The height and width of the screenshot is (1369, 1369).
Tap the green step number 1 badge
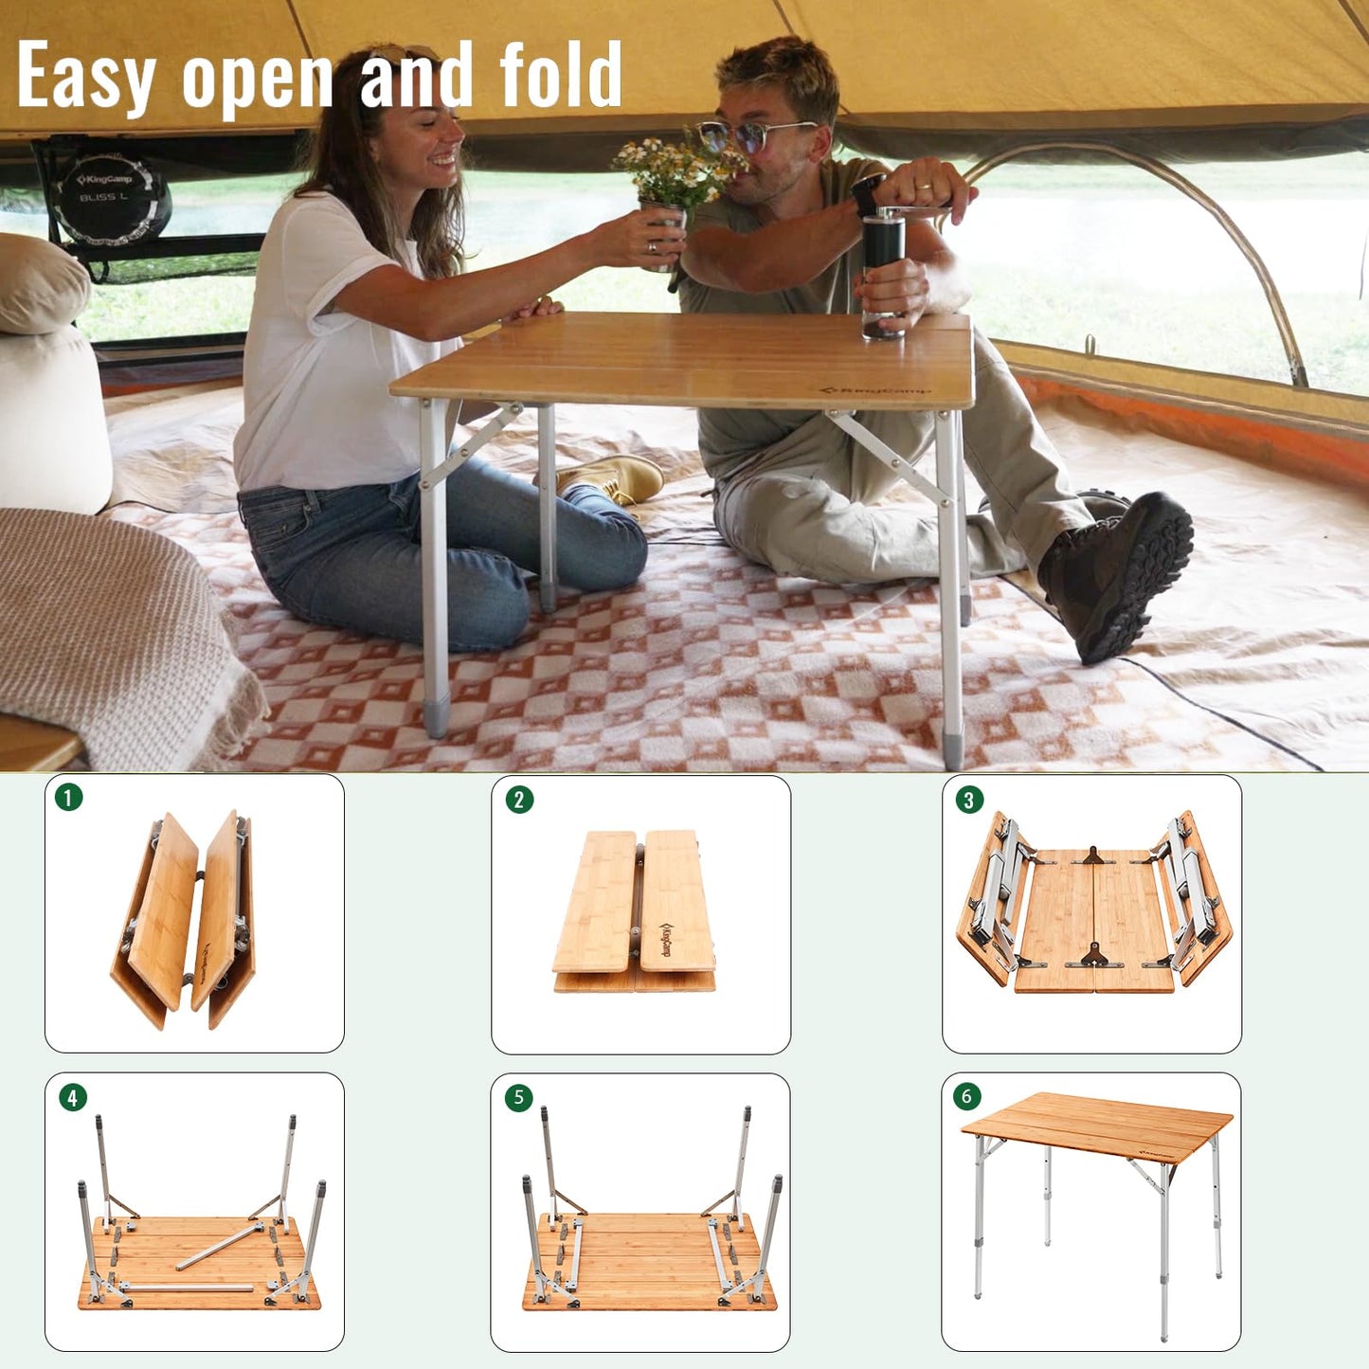pos(68,797)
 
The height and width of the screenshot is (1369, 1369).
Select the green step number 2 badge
pos(518,800)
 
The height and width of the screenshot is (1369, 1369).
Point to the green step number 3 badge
pos(968,800)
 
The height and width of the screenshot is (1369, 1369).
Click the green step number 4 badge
pos(72,1098)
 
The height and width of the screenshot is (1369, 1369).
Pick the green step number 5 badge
pos(517,1098)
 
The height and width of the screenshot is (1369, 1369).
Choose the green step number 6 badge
pos(966,1096)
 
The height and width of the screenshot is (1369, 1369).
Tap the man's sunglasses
pos(753,135)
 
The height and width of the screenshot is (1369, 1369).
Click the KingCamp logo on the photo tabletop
pos(875,389)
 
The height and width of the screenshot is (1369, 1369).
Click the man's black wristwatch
pos(866,195)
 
